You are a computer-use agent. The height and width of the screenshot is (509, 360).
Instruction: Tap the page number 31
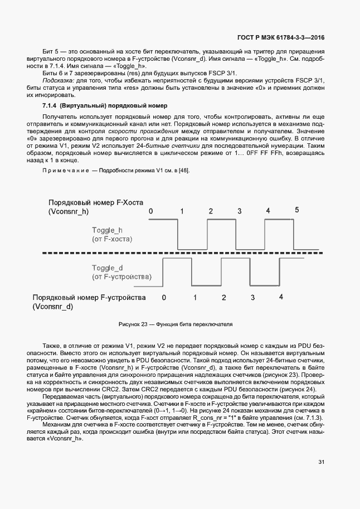point(322,462)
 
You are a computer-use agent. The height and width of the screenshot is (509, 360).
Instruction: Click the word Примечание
point(66,170)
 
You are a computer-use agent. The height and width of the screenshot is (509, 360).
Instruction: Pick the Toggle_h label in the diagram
point(107,230)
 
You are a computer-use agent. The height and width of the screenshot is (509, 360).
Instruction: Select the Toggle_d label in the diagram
point(107,268)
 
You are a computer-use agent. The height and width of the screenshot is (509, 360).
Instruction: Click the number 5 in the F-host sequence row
point(296,210)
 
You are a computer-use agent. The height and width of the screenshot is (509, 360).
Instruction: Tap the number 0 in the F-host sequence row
point(150,211)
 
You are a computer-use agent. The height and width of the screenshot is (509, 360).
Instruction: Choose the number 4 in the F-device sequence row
point(281,297)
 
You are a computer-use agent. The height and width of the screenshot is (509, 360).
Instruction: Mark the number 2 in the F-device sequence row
point(223,298)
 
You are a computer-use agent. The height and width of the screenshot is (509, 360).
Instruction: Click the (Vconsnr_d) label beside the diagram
point(53,307)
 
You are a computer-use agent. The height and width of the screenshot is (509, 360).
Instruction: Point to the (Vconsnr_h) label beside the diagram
point(69,212)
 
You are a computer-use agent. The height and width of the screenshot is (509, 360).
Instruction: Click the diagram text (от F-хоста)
point(112,239)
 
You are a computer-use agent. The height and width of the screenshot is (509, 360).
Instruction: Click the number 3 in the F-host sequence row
point(239,211)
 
